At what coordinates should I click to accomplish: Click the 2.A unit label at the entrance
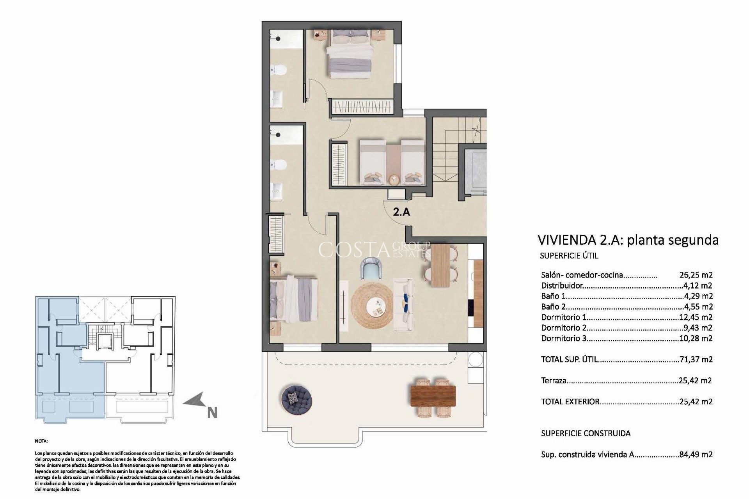[401, 212]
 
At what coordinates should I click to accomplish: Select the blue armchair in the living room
[372, 268]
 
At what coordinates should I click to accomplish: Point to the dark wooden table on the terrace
[433, 395]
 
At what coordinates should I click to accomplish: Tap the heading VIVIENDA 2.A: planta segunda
[628, 240]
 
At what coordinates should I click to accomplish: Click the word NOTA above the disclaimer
[41, 441]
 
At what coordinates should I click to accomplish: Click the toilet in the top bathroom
[280, 70]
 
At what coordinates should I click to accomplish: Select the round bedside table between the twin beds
[394, 179]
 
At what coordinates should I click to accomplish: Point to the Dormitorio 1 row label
[563, 317]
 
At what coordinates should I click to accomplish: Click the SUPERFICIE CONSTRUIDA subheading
[586, 433]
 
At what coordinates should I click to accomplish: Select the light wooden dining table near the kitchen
[440, 265]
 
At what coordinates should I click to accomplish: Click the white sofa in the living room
[404, 304]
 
